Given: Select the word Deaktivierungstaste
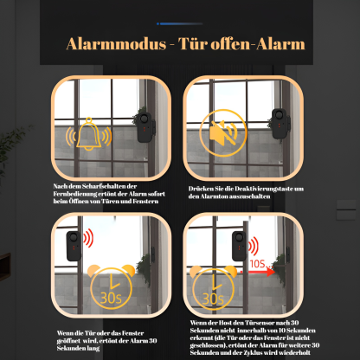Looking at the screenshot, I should (254, 188).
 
